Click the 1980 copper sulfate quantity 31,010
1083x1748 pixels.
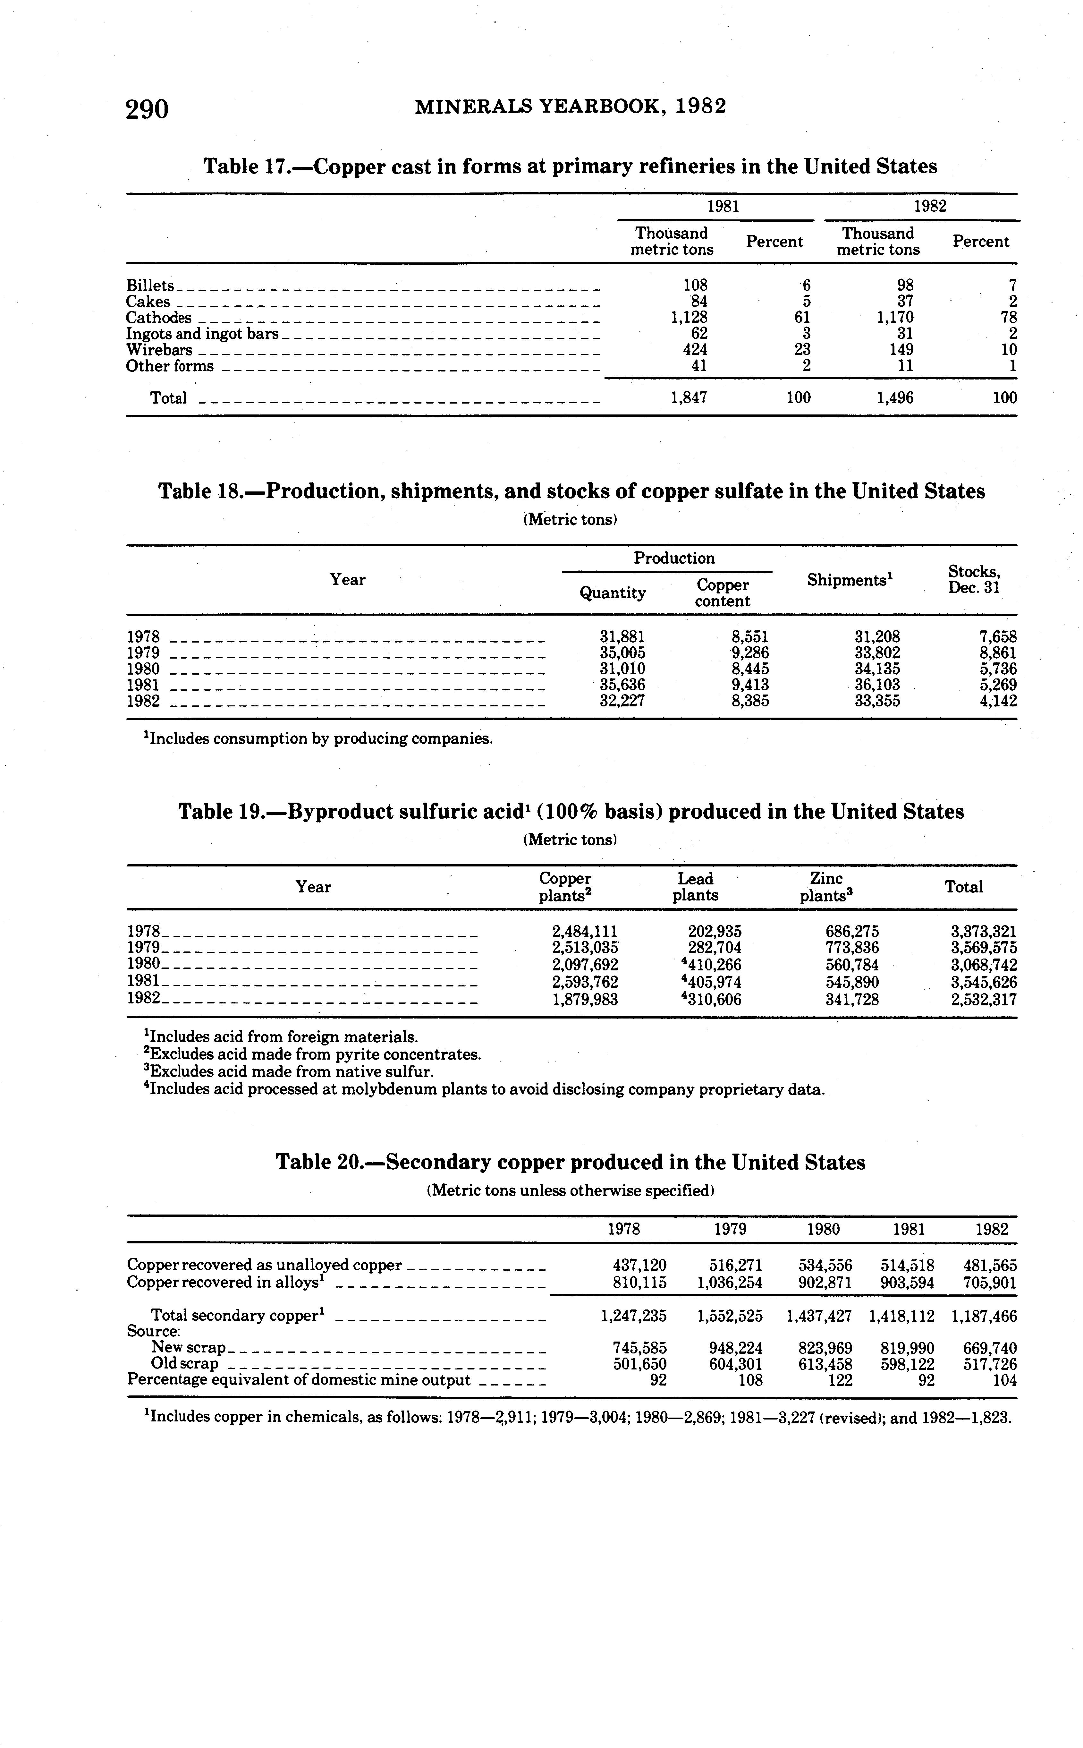coord(622,669)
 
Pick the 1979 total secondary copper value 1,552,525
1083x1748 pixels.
coord(729,1316)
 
